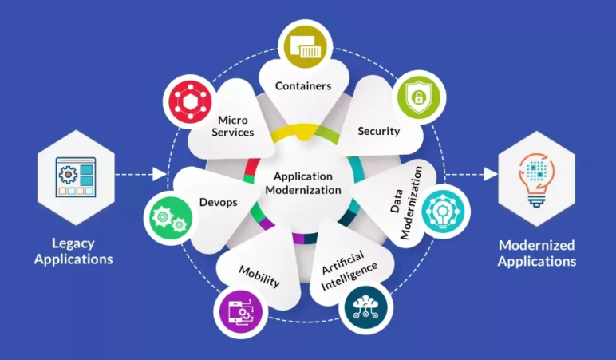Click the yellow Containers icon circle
[305, 46]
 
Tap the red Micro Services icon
[190, 102]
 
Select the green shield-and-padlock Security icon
[419, 97]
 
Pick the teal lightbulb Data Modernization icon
[443, 211]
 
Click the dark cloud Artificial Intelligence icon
[365, 307]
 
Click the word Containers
[303, 85]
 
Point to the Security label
[379, 131]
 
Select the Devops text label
[219, 202]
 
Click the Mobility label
[259, 276]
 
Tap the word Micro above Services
[233, 120]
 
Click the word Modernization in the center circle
[303, 190]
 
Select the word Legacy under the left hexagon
[73, 243]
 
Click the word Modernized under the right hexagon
[537, 245]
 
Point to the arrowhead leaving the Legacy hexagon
[160, 174]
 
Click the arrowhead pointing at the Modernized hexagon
[491, 174]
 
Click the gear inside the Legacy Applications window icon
[68, 174]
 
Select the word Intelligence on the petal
[349, 277]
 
